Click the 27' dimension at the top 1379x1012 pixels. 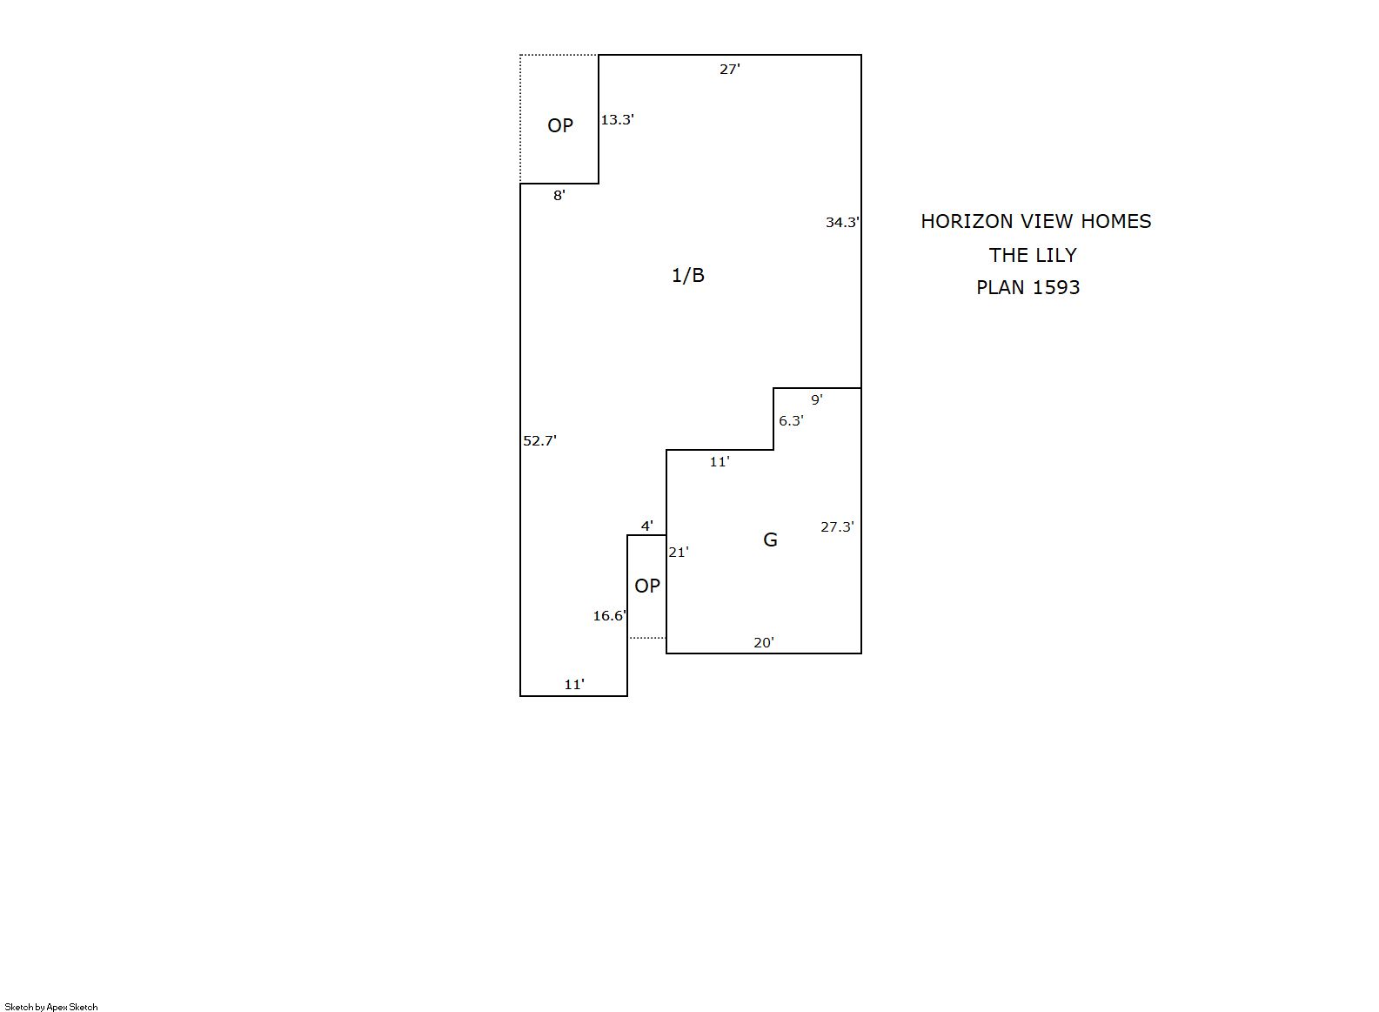[x=729, y=69]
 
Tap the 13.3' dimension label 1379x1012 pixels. [x=618, y=119]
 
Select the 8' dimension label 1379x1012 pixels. [x=559, y=195]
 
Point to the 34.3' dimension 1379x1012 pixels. [x=842, y=222]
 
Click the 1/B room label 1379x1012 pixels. [x=687, y=275]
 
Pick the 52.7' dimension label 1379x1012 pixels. [x=540, y=440]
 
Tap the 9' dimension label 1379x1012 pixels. [x=816, y=399]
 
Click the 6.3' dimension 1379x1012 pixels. [x=791, y=420]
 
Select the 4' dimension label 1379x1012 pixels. [x=647, y=526]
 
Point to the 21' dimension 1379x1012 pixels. [x=679, y=553]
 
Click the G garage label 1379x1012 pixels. [x=770, y=540]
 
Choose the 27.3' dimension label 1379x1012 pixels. [x=837, y=526]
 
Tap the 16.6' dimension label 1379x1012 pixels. [x=610, y=615]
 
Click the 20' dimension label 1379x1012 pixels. [x=763, y=643]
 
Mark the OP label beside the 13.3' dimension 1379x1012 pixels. [x=560, y=125]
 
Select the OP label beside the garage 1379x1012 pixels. [x=647, y=586]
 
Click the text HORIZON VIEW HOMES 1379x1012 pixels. [x=1036, y=221]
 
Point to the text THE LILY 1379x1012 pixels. [x=1033, y=255]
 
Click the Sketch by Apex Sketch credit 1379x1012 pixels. [x=51, y=1007]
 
